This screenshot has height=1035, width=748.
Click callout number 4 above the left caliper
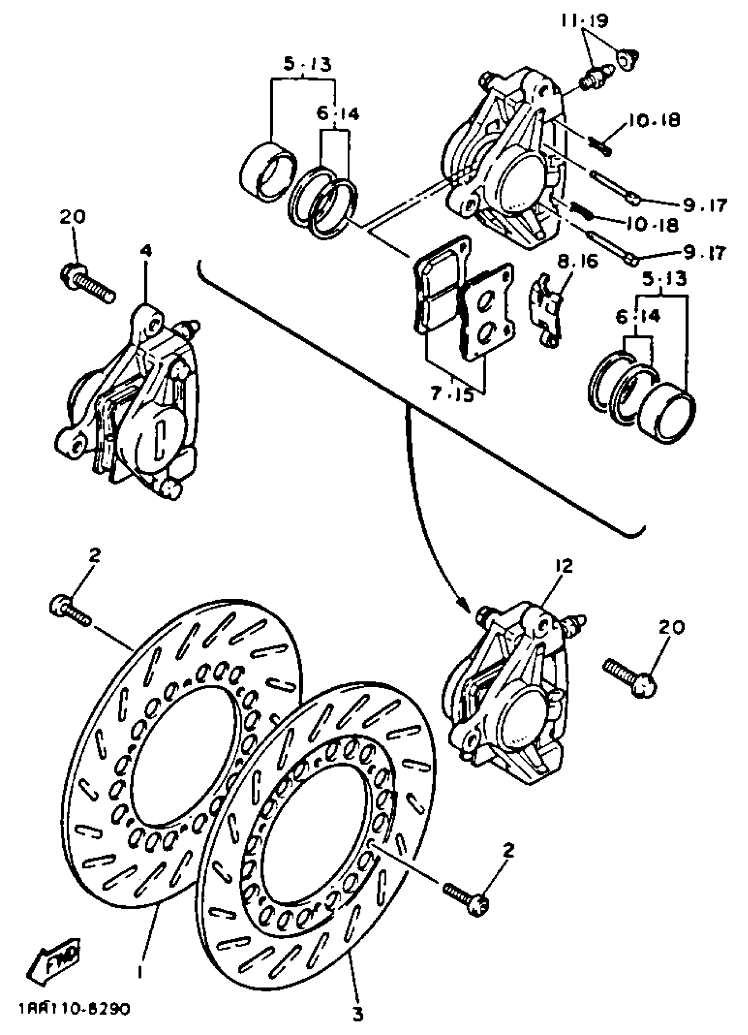tap(147, 250)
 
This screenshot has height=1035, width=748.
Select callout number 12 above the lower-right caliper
tap(564, 566)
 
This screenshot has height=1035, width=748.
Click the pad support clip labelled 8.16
tap(545, 310)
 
